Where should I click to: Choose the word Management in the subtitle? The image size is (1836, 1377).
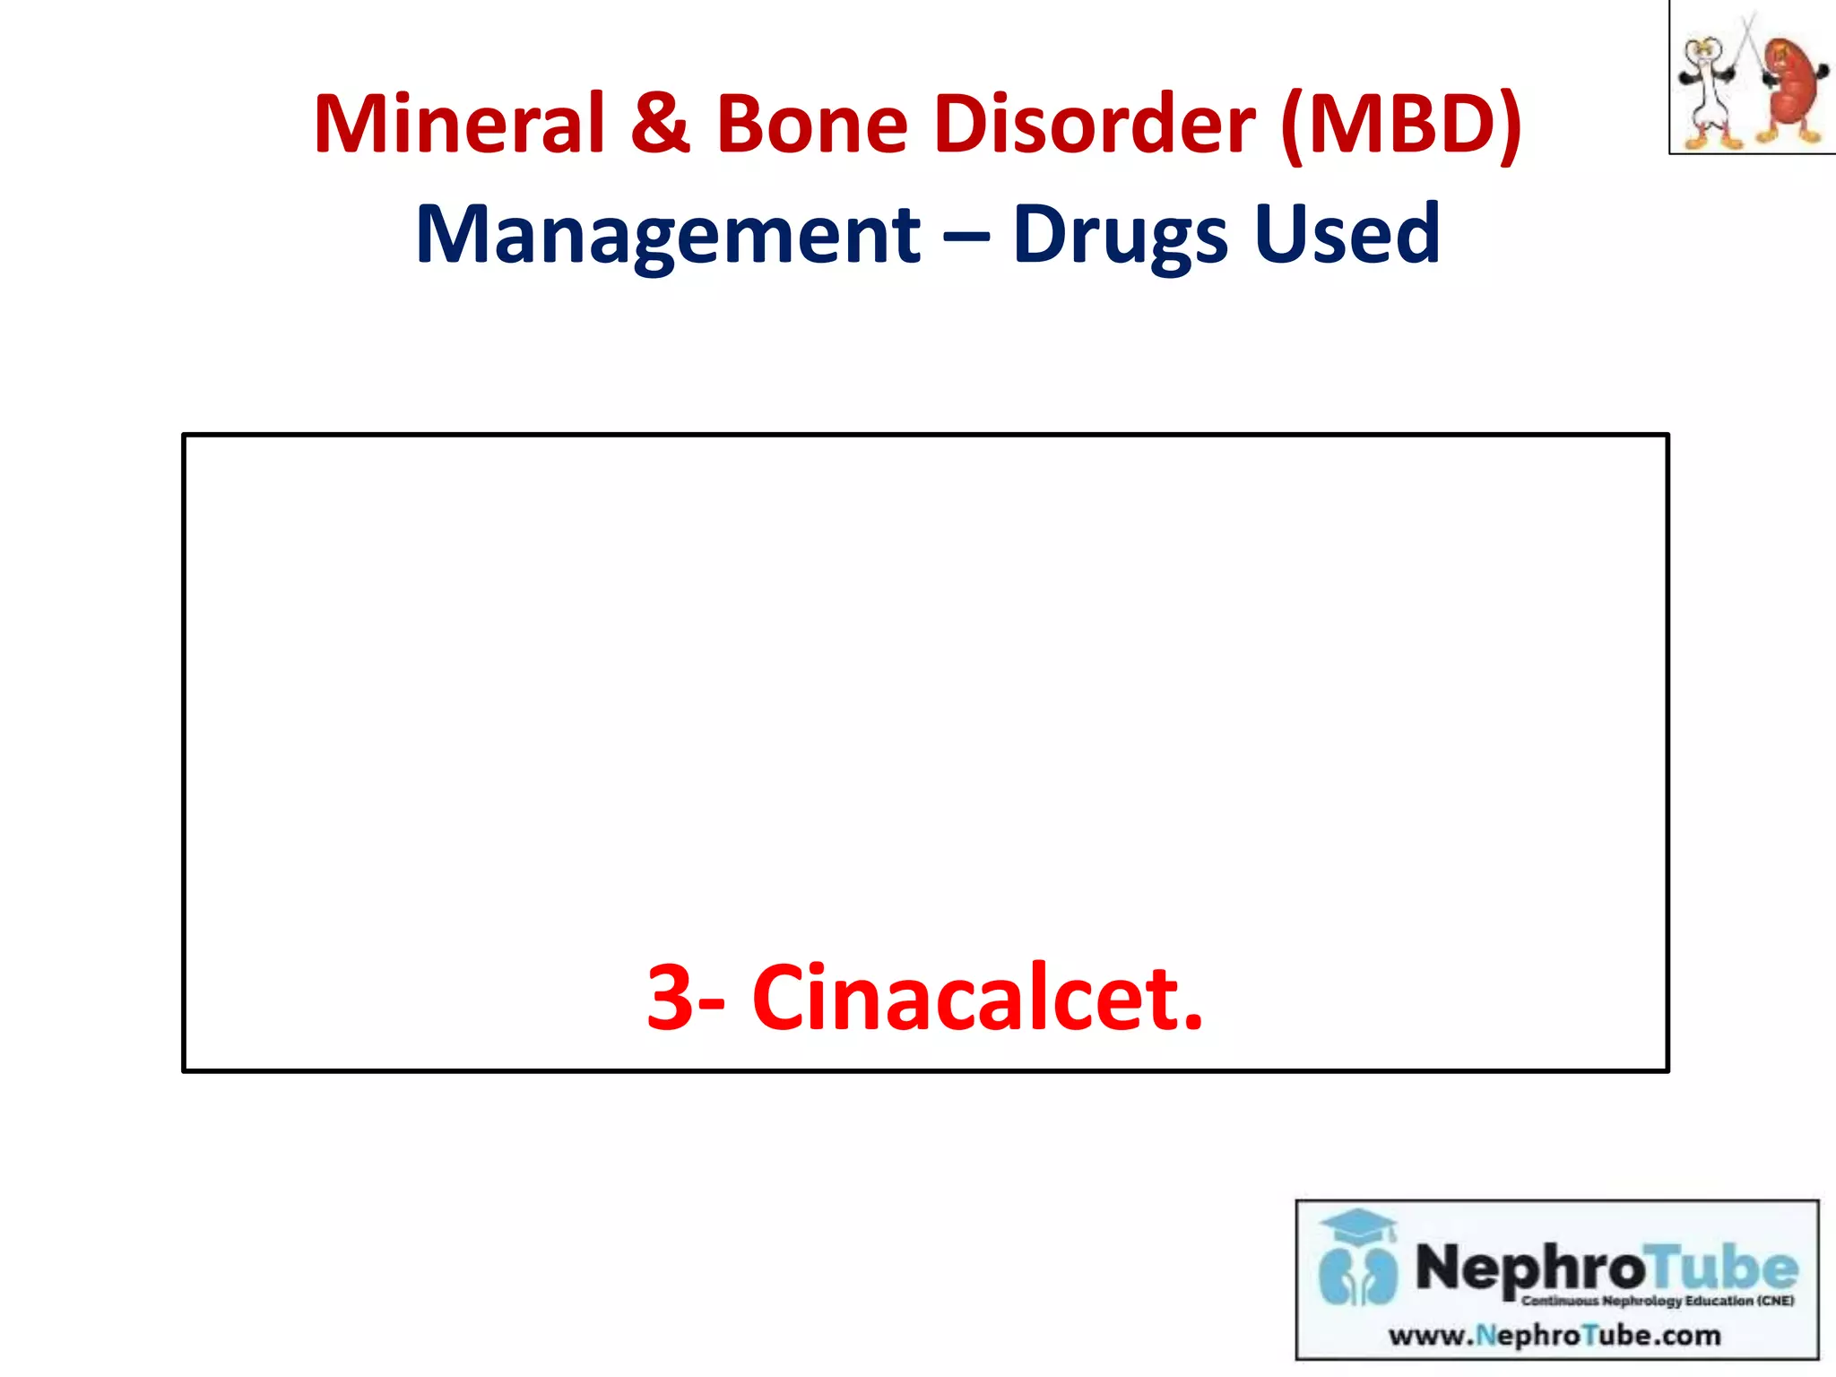point(668,235)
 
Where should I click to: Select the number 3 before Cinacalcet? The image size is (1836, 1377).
point(670,997)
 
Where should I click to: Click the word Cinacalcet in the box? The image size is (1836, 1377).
point(977,997)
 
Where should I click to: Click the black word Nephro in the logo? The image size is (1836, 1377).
point(1529,1268)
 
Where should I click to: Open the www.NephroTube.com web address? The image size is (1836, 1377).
point(1555,1336)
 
